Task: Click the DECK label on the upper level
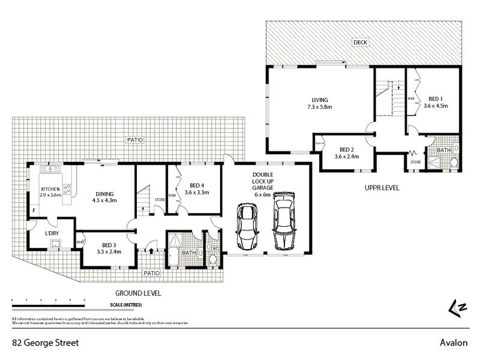coord(360,43)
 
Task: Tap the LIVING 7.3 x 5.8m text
coord(320,103)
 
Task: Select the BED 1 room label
coord(436,101)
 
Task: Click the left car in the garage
coord(247,226)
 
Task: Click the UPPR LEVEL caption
coord(382,188)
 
